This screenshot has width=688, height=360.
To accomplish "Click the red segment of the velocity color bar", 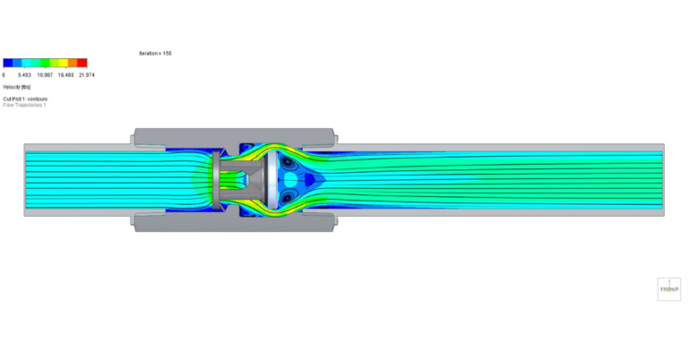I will [82, 64].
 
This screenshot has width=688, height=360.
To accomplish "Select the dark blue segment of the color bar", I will [8, 64].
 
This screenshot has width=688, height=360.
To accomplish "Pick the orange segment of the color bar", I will [72, 64].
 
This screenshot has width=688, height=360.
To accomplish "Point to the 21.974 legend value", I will [86, 75].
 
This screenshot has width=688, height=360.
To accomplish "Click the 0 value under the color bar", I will [4, 75].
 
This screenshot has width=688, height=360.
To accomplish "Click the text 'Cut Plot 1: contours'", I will [25, 99].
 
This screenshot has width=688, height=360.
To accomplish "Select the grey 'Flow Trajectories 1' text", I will [24, 105].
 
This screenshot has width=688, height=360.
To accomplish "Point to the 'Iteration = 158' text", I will [155, 54].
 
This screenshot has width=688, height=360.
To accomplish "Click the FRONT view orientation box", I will [669, 287].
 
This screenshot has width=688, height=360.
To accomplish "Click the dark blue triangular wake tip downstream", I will [311, 179].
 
